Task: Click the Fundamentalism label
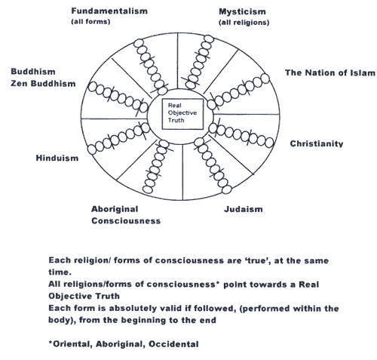109,11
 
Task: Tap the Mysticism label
242,12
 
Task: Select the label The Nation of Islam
330,72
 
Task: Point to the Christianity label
317,143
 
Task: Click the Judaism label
244,209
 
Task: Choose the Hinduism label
57,158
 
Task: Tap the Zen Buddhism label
43,84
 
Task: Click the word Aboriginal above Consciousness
115,209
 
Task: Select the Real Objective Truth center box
182,114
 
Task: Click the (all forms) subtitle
90,22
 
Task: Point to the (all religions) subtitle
244,23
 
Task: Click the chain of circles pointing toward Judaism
213,165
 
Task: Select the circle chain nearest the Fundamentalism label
150,66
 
